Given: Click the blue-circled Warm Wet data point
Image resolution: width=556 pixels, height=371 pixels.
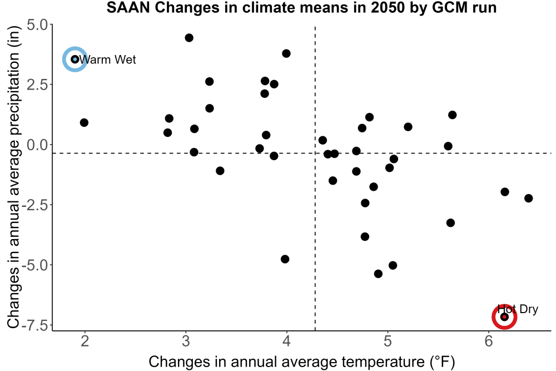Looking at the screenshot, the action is pos(75,59).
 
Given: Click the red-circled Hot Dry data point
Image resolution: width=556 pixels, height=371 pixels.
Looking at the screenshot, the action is pos(504,316).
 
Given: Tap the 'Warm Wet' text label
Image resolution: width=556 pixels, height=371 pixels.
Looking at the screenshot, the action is pos(107,60).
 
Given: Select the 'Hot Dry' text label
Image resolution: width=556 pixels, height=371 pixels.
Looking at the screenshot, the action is pos(518,309).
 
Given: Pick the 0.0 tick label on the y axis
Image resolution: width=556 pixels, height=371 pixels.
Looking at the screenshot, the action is pos(37,145).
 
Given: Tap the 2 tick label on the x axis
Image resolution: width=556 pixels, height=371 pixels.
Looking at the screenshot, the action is pos(85,341).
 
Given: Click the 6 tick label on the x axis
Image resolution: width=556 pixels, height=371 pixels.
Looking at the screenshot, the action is pos(489,341).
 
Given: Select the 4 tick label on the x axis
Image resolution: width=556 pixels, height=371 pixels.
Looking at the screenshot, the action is pos(287,341).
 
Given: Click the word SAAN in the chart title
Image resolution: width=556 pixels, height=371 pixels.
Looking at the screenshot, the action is pos(128,7).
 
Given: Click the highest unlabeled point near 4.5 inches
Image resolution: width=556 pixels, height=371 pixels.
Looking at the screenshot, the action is pos(189,38).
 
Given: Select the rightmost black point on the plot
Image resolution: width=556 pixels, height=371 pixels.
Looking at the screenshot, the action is pos(528,198).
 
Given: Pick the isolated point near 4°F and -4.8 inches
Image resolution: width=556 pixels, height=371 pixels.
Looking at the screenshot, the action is pos(285,259).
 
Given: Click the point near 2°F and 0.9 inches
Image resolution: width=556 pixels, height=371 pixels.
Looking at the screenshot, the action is pos(84,123).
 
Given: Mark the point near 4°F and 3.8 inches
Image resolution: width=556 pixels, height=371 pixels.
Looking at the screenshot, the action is pos(286,53).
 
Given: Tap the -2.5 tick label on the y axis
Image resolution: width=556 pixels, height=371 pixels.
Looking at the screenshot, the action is pos(34,205).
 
